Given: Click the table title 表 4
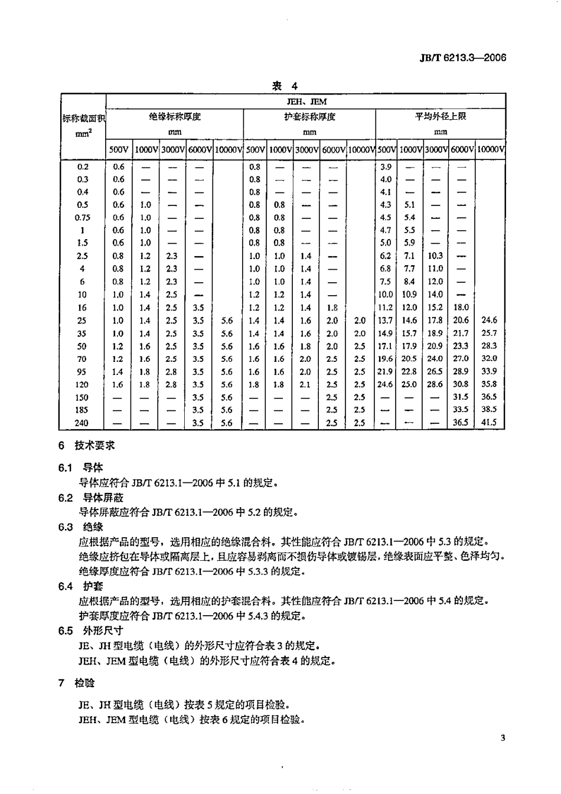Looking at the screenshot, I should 285,86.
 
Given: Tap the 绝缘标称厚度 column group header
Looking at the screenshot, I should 175,117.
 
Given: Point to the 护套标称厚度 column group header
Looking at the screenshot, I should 309,117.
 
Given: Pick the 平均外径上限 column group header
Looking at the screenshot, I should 441,117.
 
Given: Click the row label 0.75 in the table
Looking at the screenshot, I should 83,217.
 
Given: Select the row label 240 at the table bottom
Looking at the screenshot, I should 82,423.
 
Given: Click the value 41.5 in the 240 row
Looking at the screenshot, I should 489,423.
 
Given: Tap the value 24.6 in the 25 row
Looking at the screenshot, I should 489,321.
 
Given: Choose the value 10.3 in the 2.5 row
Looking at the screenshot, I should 435,256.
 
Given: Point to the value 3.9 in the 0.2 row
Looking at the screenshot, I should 386,167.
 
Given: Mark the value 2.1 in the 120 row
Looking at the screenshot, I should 305,384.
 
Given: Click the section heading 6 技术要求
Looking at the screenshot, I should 86,446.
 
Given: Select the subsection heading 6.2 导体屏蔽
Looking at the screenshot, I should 90,498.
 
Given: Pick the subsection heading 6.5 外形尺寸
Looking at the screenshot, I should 90,630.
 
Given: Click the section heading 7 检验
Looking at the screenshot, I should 77,683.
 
